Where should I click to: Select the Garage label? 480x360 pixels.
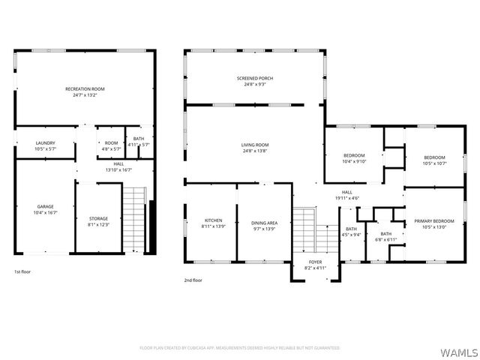[x=46, y=209]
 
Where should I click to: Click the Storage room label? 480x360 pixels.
[x=98, y=222]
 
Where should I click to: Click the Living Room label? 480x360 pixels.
[x=255, y=148]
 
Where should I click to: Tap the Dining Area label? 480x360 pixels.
[x=264, y=223]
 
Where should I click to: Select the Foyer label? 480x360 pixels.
[x=315, y=264]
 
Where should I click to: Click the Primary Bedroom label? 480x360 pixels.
[x=434, y=223]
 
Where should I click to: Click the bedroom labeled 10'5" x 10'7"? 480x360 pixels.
[x=434, y=160]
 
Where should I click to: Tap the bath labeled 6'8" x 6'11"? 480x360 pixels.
[x=385, y=236]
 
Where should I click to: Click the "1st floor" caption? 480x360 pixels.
[x=22, y=271]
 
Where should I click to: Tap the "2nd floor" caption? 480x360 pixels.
[x=193, y=280]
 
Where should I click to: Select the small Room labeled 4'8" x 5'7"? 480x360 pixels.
[x=111, y=146]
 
